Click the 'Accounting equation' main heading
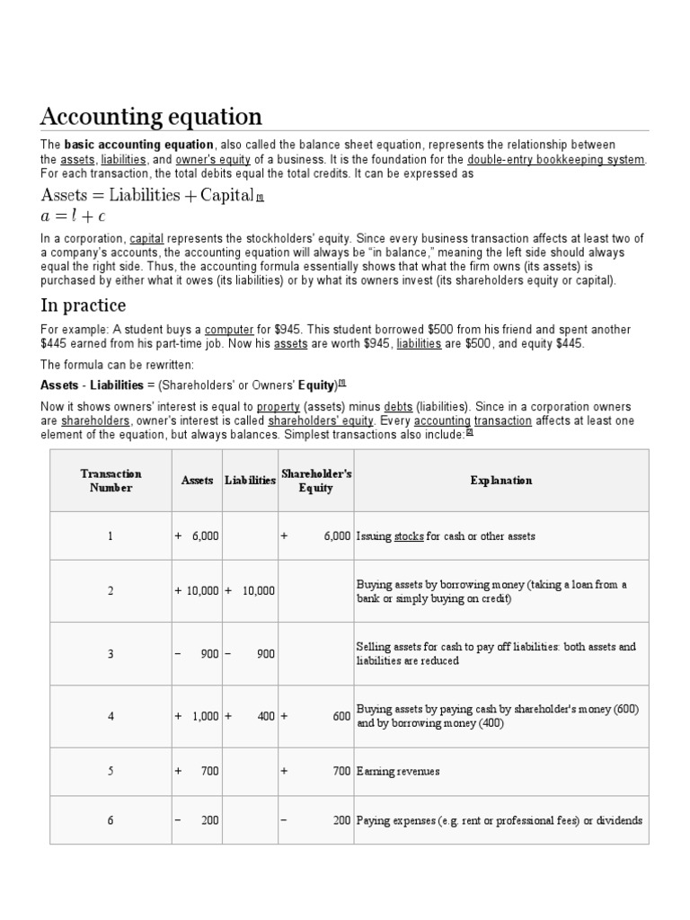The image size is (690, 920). tap(151, 117)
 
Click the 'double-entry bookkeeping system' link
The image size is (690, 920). tap(556, 159)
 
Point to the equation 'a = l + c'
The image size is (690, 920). tap(74, 217)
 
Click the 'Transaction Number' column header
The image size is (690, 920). tap(111, 481)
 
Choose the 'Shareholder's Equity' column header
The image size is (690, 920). tap(315, 481)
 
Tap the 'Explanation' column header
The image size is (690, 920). tap(500, 481)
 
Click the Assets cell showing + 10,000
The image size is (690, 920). tap(197, 590)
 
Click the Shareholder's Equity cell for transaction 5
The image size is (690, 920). tap(315, 772)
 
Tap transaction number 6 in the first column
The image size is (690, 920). tap(111, 820)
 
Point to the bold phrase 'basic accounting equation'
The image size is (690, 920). tap(139, 145)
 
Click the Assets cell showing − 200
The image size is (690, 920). tap(197, 820)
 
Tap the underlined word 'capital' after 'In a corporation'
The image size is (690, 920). tap(146, 238)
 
